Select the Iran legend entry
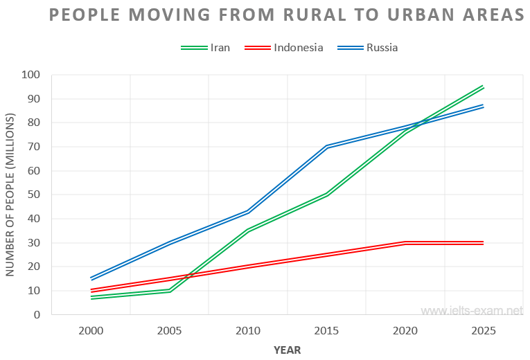click(x=220, y=48)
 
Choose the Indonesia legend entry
click(x=298, y=48)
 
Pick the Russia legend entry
click(x=382, y=48)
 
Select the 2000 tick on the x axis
click(x=91, y=331)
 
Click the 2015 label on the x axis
click(x=326, y=331)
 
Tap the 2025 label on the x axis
click(x=484, y=331)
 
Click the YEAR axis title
click(x=287, y=350)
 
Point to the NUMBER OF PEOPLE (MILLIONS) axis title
click(x=10, y=195)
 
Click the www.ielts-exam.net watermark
click(x=471, y=312)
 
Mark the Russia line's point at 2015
click(x=326, y=147)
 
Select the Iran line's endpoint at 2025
click(x=484, y=87)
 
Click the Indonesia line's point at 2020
click(x=405, y=243)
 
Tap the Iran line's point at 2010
click(x=248, y=230)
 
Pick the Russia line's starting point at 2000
click(x=91, y=278)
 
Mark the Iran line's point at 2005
click(x=170, y=291)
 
